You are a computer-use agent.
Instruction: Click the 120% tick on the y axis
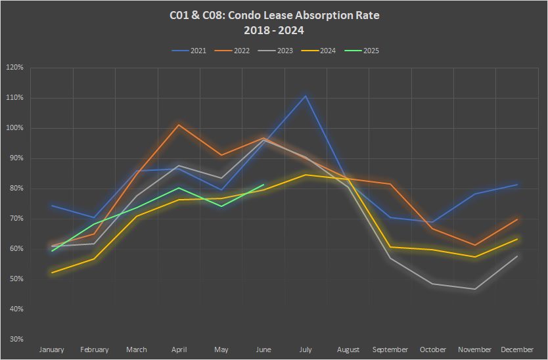pyautogui.click(x=14, y=68)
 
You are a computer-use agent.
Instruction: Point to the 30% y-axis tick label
pyautogui.click(x=16, y=340)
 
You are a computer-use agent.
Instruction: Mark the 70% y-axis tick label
pyautogui.click(x=16, y=219)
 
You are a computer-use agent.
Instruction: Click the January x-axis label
pyautogui.click(x=52, y=349)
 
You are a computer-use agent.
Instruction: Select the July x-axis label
pyautogui.click(x=306, y=349)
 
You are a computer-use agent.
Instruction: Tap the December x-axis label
pyautogui.click(x=518, y=349)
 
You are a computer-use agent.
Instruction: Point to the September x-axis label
pyautogui.click(x=390, y=349)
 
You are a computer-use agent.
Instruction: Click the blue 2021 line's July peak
pyautogui.click(x=306, y=96)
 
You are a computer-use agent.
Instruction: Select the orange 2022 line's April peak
pyautogui.click(x=179, y=124)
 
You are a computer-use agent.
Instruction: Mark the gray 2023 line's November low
pyautogui.click(x=475, y=289)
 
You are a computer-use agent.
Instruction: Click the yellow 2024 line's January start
pyautogui.click(x=53, y=273)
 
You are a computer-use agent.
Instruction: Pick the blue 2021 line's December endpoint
pyautogui.click(x=517, y=185)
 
